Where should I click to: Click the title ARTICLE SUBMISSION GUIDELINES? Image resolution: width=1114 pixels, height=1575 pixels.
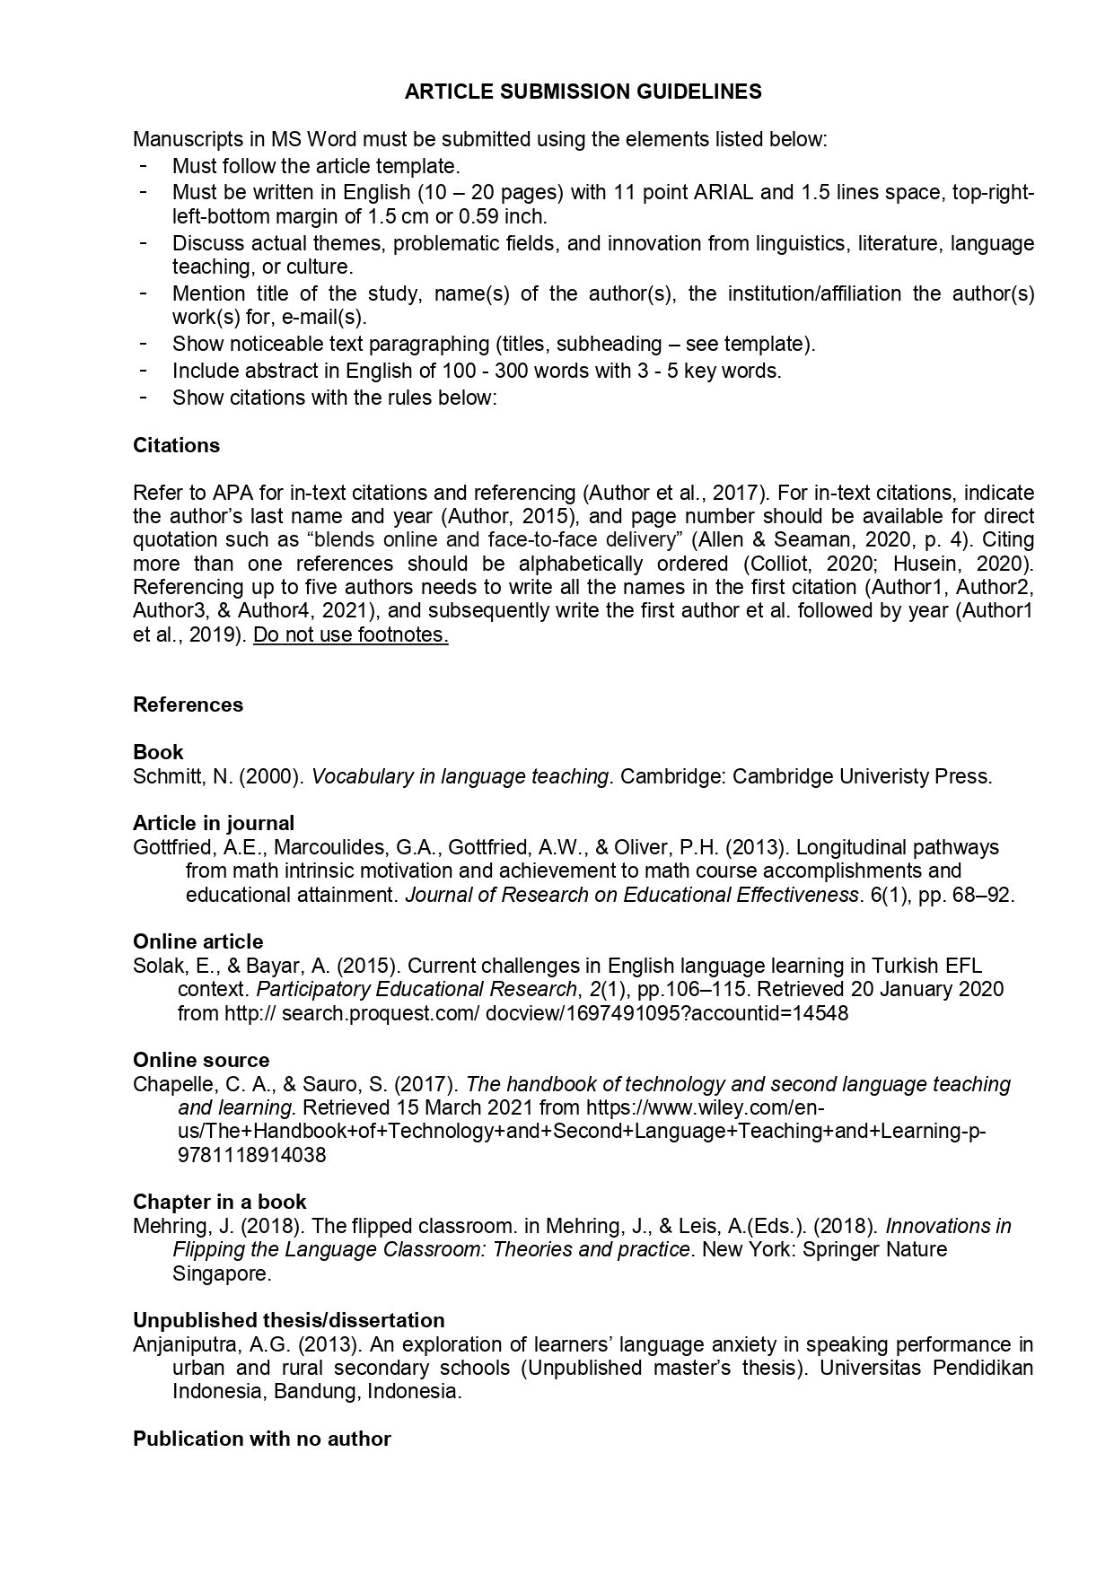pyautogui.click(x=583, y=92)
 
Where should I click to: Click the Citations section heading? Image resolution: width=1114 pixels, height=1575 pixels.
pyautogui.click(x=176, y=446)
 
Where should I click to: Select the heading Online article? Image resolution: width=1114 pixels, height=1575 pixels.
pyautogui.click(x=198, y=942)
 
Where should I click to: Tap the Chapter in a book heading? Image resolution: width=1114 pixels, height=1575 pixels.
pyautogui.click(x=220, y=1203)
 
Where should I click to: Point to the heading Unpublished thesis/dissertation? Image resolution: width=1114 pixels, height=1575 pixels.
pyautogui.click(x=289, y=1321)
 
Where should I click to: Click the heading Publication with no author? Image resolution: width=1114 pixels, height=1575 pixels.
pyautogui.click(x=262, y=1439)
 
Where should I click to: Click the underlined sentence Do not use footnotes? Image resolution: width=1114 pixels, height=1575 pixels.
pyautogui.click(x=351, y=635)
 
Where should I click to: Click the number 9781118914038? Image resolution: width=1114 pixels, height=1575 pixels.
pyautogui.click(x=252, y=1156)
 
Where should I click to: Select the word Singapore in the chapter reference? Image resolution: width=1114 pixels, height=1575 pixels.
pyautogui.click(x=221, y=1274)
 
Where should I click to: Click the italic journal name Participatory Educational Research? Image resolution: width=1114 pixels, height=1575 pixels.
pyautogui.click(x=415, y=990)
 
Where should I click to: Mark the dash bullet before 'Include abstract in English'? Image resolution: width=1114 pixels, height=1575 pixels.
pyautogui.click(x=144, y=370)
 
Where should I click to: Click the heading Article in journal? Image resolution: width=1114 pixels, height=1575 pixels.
pyautogui.click(x=214, y=824)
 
